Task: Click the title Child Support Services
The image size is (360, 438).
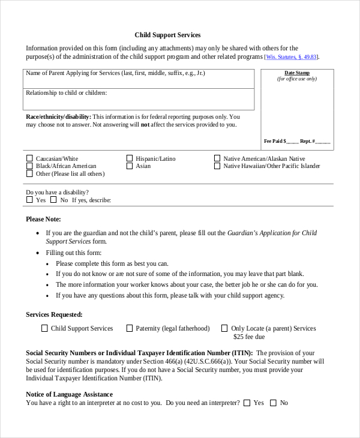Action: pyautogui.click(x=167, y=35)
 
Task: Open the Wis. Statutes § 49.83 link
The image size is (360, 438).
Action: pyautogui.click(x=292, y=57)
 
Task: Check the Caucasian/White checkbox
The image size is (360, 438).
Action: pyautogui.click(x=29, y=159)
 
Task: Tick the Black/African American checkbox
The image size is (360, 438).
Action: pyautogui.click(x=29, y=166)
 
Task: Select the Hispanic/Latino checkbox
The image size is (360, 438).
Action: pyautogui.click(x=129, y=159)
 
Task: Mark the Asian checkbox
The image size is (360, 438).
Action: pyautogui.click(x=129, y=166)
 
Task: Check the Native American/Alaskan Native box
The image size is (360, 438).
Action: pyautogui.click(x=217, y=159)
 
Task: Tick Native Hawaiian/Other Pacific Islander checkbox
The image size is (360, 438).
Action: pyautogui.click(x=217, y=166)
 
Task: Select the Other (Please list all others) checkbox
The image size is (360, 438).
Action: pyautogui.click(x=29, y=173)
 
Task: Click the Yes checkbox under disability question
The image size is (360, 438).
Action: pyautogui.click(x=29, y=200)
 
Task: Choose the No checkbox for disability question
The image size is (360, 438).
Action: pyautogui.click(x=53, y=200)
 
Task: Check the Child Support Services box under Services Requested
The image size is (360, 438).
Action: pyautogui.click(x=44, y=328)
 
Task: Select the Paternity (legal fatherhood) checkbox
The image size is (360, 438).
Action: pyautogui.click(x=129, y=328)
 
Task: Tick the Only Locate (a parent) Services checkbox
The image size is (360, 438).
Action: pyautogui.click(x=224, y=328)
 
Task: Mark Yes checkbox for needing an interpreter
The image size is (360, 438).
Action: pyautogui.click(x=247, y=403)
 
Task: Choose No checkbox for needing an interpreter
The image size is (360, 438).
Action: pyautogui.click(x=273, y=403)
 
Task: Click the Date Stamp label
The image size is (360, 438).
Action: pyautogui.click(x=296, y=73)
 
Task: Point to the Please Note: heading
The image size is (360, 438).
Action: pyautogui.click(x=43, y=220)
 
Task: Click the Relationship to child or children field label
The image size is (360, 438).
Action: pyautogui.click(x=66, y=93)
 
